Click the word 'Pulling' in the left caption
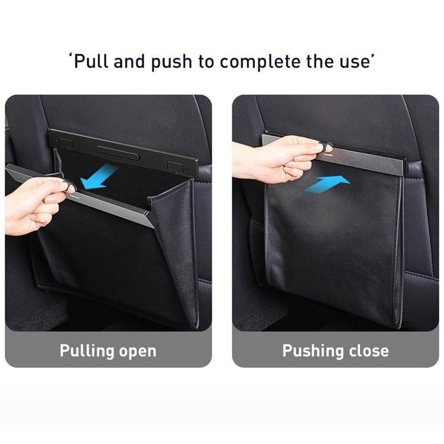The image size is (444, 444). (x=86, y=352)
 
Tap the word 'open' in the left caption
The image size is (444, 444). (x=138, y=353)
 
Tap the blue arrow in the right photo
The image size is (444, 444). (x=327, y=184)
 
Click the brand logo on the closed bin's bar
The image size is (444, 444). (x=329, y=155)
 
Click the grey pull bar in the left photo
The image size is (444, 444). (x=82, y=195)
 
